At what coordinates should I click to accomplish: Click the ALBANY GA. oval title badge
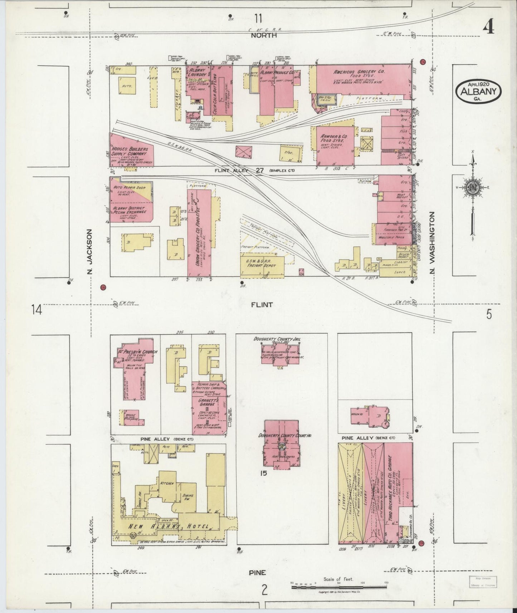click(x=478, y=91)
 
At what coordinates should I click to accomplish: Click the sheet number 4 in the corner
click(x=489, y=26)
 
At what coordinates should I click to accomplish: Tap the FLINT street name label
click(x=262, y=305)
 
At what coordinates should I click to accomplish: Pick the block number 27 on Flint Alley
click(x=259, y=171)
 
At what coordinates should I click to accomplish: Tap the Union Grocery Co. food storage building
click(x=199, y=232)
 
